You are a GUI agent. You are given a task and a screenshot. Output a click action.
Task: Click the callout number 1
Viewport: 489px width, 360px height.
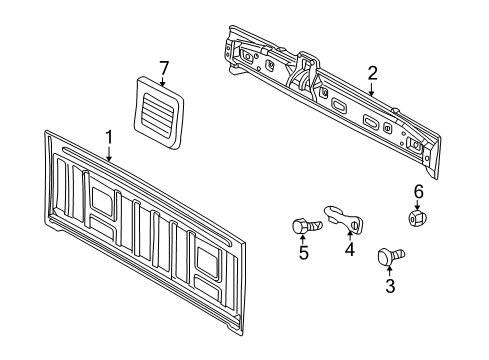(x=109, y=135)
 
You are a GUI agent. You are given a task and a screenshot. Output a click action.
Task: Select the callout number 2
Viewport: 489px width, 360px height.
(x=372, y=72)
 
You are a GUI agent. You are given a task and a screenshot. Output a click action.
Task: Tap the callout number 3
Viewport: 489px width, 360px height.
(x=390, y=287)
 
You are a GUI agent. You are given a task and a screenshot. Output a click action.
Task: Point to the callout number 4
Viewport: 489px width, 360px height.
(x=350, y=250)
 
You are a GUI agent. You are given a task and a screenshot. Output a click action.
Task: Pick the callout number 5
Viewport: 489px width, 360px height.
(x=303, y=254)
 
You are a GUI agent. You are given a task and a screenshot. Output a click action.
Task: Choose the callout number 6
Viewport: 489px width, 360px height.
(x=419, y=190)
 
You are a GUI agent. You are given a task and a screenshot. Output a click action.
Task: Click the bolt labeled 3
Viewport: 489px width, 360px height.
(x=386, y=258)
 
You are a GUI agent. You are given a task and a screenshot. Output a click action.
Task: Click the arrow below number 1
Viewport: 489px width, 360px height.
(x=109, y=152)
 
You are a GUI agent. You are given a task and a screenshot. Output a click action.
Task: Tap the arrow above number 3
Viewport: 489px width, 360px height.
(x=390, y=272)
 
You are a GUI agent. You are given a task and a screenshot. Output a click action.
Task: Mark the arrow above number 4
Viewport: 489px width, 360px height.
(x=350, y=235)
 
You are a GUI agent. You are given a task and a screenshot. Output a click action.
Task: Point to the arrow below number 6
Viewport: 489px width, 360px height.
(x=419, y=203)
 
